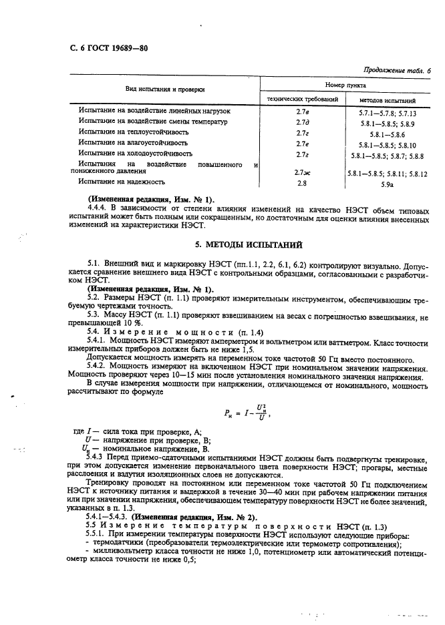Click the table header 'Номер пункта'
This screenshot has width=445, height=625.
coord(345,85)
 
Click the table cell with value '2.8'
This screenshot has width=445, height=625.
coord(301,181)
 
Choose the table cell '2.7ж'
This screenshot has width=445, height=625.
coord(301,172)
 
